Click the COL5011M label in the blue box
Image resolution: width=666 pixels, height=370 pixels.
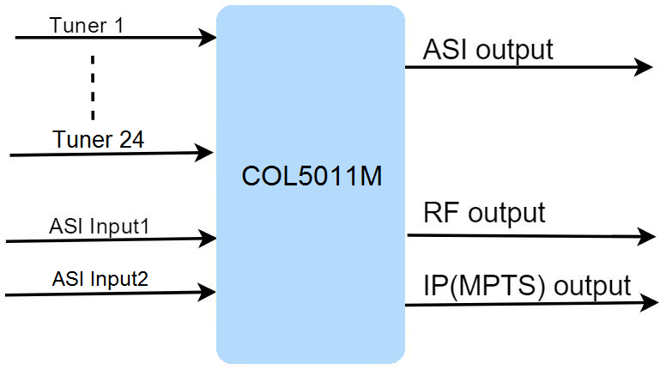[311, 179]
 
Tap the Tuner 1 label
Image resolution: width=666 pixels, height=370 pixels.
[87, 25]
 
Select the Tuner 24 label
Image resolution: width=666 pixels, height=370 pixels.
[98, 139]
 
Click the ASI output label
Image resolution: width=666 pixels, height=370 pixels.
[487, 49]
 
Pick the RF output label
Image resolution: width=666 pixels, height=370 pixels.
[484, 212]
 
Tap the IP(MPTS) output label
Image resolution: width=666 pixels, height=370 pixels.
[527, 285]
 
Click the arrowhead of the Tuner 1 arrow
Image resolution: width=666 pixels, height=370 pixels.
[208, 37]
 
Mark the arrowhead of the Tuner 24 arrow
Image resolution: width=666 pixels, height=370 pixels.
[206, 154]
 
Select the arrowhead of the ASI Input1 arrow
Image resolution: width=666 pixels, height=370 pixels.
[208, 236]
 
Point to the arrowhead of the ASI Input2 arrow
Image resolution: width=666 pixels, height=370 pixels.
[208, 293]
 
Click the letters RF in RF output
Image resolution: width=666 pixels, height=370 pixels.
[437, 212]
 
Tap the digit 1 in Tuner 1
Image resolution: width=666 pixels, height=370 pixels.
[118, 25]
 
